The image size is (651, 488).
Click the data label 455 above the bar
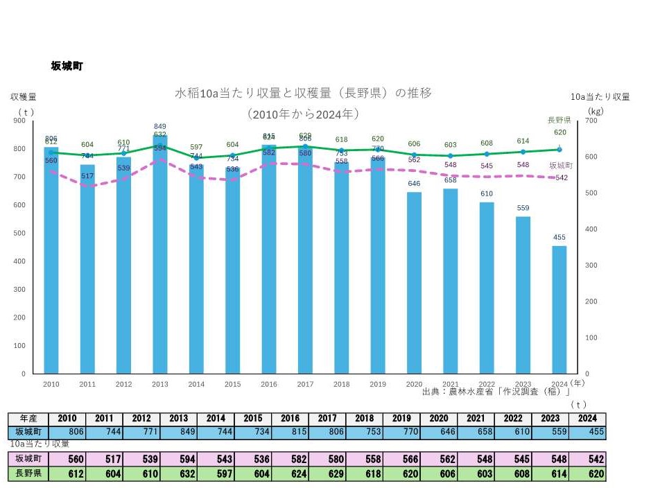(559, 238)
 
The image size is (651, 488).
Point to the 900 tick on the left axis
(19, 121)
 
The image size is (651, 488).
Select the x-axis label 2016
(268, 383)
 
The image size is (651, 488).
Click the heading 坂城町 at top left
(67, 66)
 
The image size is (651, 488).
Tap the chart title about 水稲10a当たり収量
(303, 93)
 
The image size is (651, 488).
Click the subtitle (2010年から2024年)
(303, 113)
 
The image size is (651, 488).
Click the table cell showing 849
(178, 432)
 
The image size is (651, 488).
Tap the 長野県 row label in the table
(28, 474)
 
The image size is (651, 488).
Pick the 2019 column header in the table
(403, 419)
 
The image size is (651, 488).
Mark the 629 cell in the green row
(328, 474)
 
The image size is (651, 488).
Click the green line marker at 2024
(559, 150)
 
